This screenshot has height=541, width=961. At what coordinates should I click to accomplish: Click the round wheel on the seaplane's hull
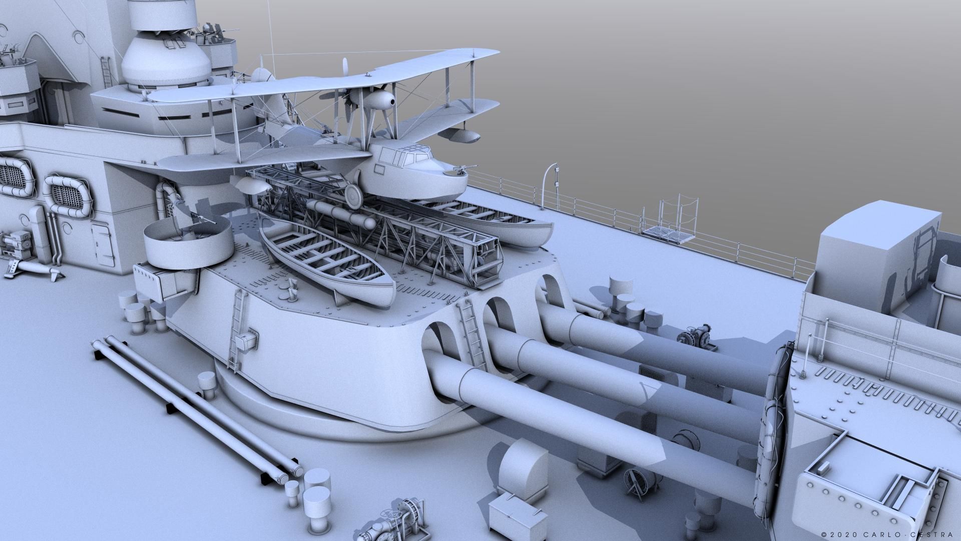(x=353, y=195)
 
